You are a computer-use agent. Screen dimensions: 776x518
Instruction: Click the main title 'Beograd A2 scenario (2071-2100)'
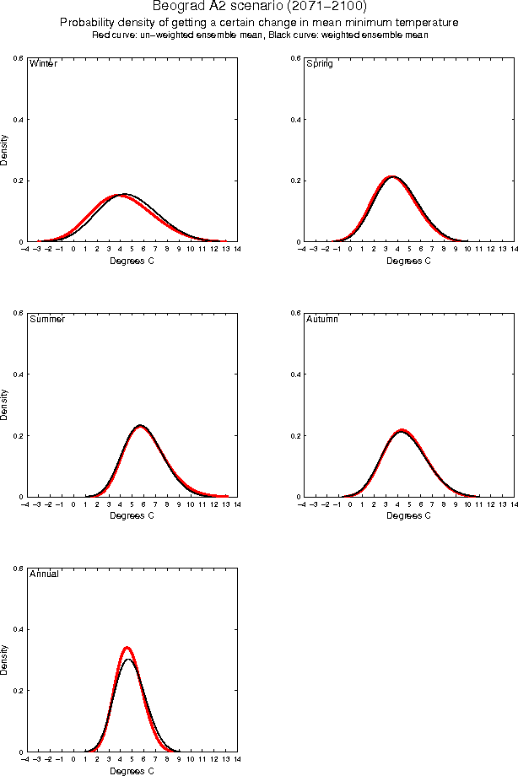click(x=259, y=7)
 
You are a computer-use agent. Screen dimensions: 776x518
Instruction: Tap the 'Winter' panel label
click(x=43, y=64)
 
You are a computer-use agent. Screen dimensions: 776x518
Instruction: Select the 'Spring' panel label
click(x=319, y=64)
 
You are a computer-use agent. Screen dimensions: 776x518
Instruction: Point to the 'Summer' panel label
click(x=46, y=320)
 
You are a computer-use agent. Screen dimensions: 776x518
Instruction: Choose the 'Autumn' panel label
click(x=321, y=320)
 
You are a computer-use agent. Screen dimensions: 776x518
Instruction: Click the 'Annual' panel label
click(x=44, y=574)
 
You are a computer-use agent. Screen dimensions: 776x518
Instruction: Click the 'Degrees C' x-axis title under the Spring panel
click(x=408, y=261)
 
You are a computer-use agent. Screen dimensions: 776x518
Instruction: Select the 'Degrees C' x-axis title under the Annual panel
click(x=132, y=771)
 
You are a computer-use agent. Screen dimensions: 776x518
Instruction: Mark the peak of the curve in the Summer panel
click(x=140, y=426)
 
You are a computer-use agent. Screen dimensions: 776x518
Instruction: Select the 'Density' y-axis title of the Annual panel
click(x=5, y=659)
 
